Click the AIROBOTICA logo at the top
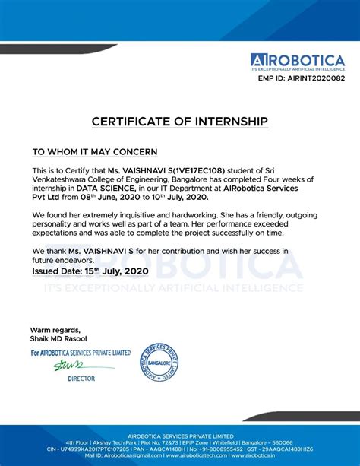[x=299, y=61]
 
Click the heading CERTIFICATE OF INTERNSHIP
[x=180, y=121]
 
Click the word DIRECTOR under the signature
[x=81, y=378]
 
